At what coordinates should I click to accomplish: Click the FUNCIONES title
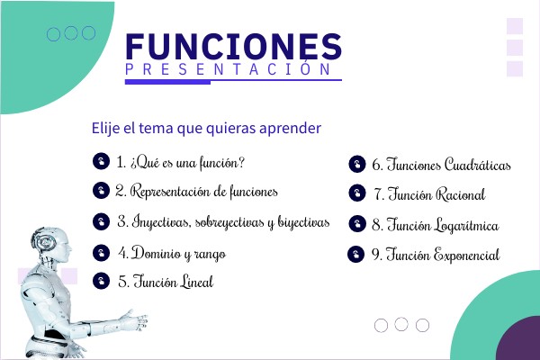[233, 47]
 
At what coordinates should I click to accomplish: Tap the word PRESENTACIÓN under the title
[228, 69]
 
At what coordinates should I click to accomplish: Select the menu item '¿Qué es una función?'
[181, 162]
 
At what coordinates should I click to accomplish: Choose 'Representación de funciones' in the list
[196, 191]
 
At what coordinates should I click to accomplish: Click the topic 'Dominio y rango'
[172, 254]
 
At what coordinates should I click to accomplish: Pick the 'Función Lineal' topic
[166, 282]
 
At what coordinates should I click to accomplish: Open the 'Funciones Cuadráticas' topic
[441, 165]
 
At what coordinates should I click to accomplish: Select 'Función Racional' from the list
[430, 194]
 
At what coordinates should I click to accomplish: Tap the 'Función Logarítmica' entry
[436, 225]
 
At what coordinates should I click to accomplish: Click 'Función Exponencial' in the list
[436, 255]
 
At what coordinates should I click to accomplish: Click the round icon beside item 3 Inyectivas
[101, 221]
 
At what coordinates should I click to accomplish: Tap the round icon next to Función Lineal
[101, 281]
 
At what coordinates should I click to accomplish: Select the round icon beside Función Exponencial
[356, 255]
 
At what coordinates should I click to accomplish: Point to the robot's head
[51, 244]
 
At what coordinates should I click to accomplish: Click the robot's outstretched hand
[137, 320]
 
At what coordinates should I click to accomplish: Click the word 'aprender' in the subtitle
[291, 129]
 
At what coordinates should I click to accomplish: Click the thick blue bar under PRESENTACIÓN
[167, 82]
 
